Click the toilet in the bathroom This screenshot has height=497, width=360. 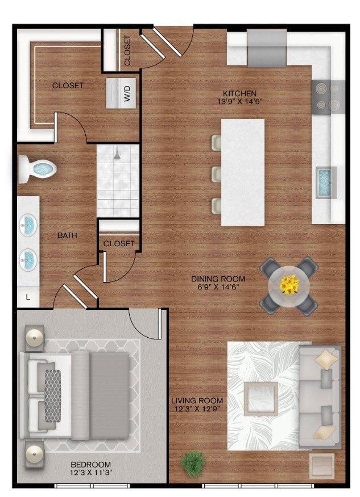coord(37,168)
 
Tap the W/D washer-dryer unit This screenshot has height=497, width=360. coord(121,93)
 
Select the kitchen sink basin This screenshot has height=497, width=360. coord(325,183)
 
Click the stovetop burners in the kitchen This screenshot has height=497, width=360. coord(328,96)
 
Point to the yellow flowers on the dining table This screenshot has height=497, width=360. coord(289,284)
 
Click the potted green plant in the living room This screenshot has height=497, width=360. coord(193,463)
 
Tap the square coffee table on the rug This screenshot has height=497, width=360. coord(261,399)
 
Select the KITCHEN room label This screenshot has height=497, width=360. coord(239,93)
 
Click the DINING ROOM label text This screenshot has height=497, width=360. coord(218,279)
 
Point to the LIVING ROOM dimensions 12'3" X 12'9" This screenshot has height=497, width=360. coord(197,409)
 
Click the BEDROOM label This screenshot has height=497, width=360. coord(90,465)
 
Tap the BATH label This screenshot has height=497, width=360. coord(67,235)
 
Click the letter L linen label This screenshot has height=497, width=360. coord(28,297)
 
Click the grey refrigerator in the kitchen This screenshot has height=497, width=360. coord(267,48)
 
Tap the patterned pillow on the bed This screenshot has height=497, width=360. coord(52,396)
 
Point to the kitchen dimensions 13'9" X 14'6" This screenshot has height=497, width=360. coord(240,102)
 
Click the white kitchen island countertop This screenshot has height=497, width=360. coord(243,172)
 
